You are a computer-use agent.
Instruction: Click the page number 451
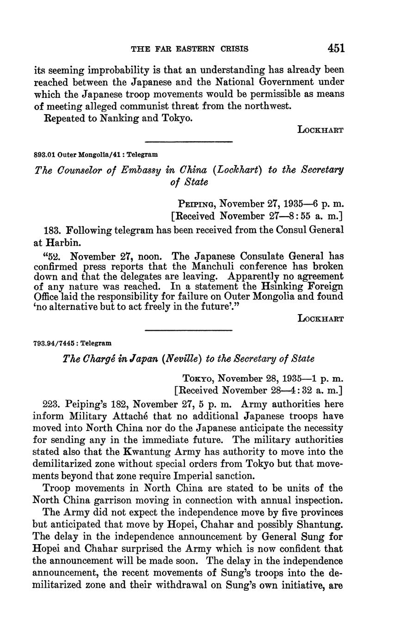(336, 48)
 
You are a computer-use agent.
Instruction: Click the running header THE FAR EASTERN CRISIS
(190, 49)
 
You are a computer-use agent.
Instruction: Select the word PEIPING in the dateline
(197, 204)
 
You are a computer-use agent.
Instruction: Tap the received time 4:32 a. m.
(313, 391)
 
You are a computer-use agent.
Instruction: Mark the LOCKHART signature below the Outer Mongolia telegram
(320, 318)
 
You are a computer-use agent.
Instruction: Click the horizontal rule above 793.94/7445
(188, 330)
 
